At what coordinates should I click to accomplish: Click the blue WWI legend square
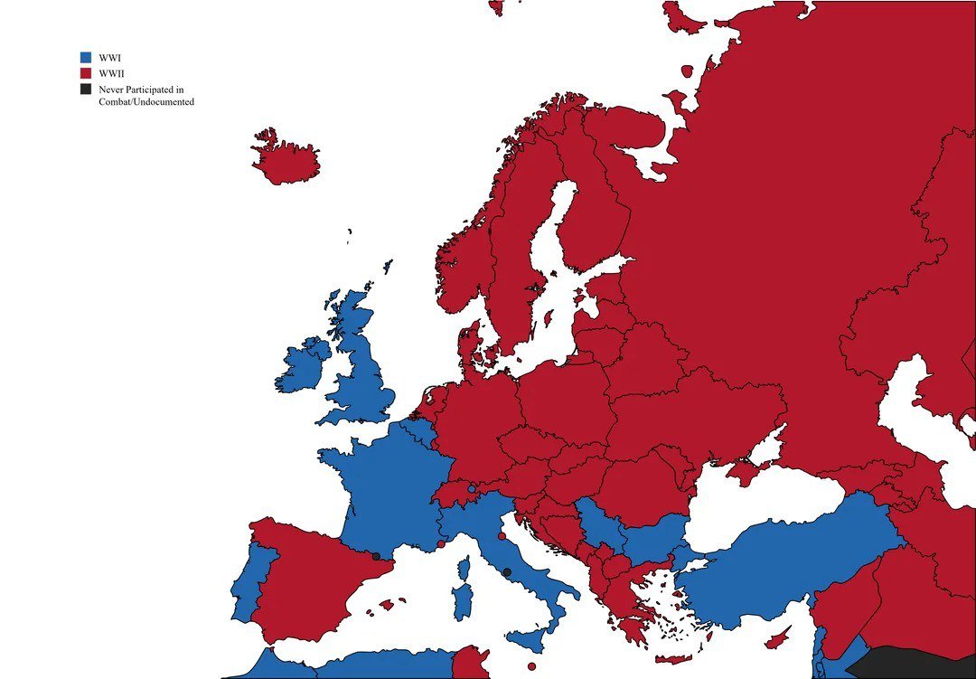pos(86,57)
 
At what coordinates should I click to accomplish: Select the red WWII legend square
pos(86,72)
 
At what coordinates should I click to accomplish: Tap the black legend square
pos(86,89)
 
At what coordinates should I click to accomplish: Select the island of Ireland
pos(303,366)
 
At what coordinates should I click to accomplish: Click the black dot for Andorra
pos(376,556)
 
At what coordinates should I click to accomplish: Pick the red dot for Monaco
pos(440,543)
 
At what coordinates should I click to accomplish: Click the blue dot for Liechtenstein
pos(472,489)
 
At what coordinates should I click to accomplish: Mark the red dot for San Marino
pos(502,536)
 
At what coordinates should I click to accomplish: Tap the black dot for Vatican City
pos(507,572)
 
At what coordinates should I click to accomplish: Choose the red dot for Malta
pos(531,666)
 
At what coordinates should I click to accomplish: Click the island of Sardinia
pos(463,601)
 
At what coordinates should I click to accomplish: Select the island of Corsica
pos(465,569)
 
